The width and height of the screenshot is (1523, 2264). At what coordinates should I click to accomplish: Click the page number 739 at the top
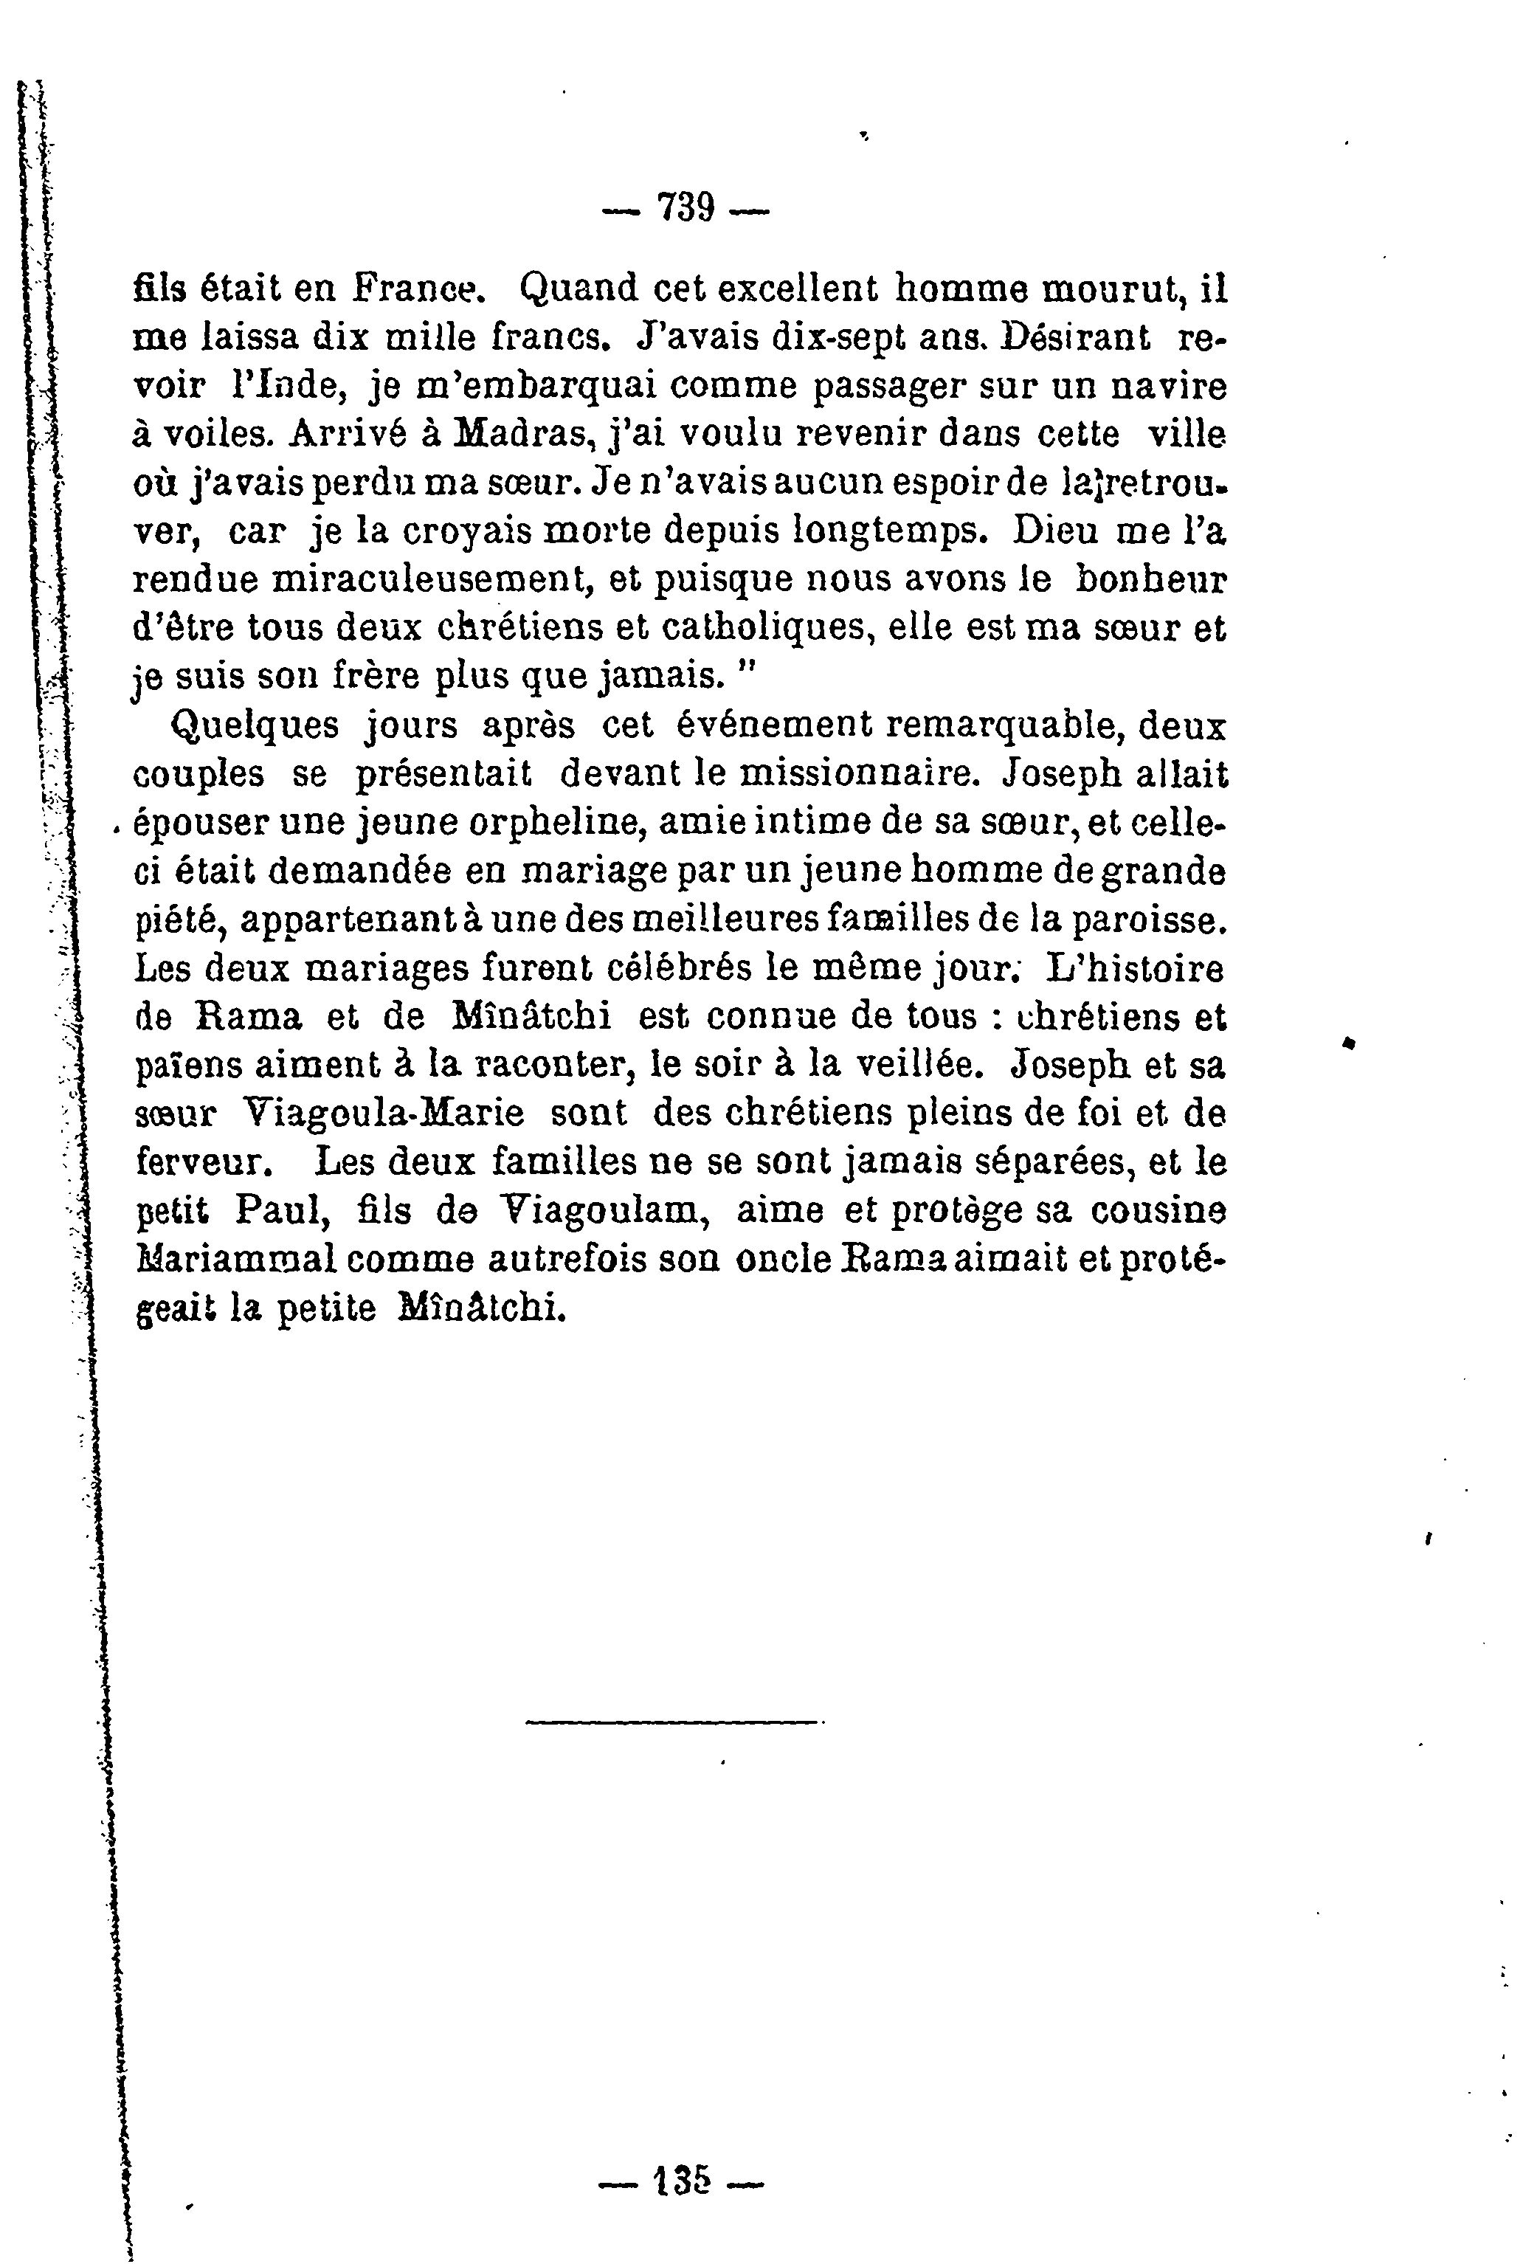[x=685, y=207]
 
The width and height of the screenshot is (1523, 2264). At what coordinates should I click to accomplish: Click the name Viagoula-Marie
[x=381, y=1112]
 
